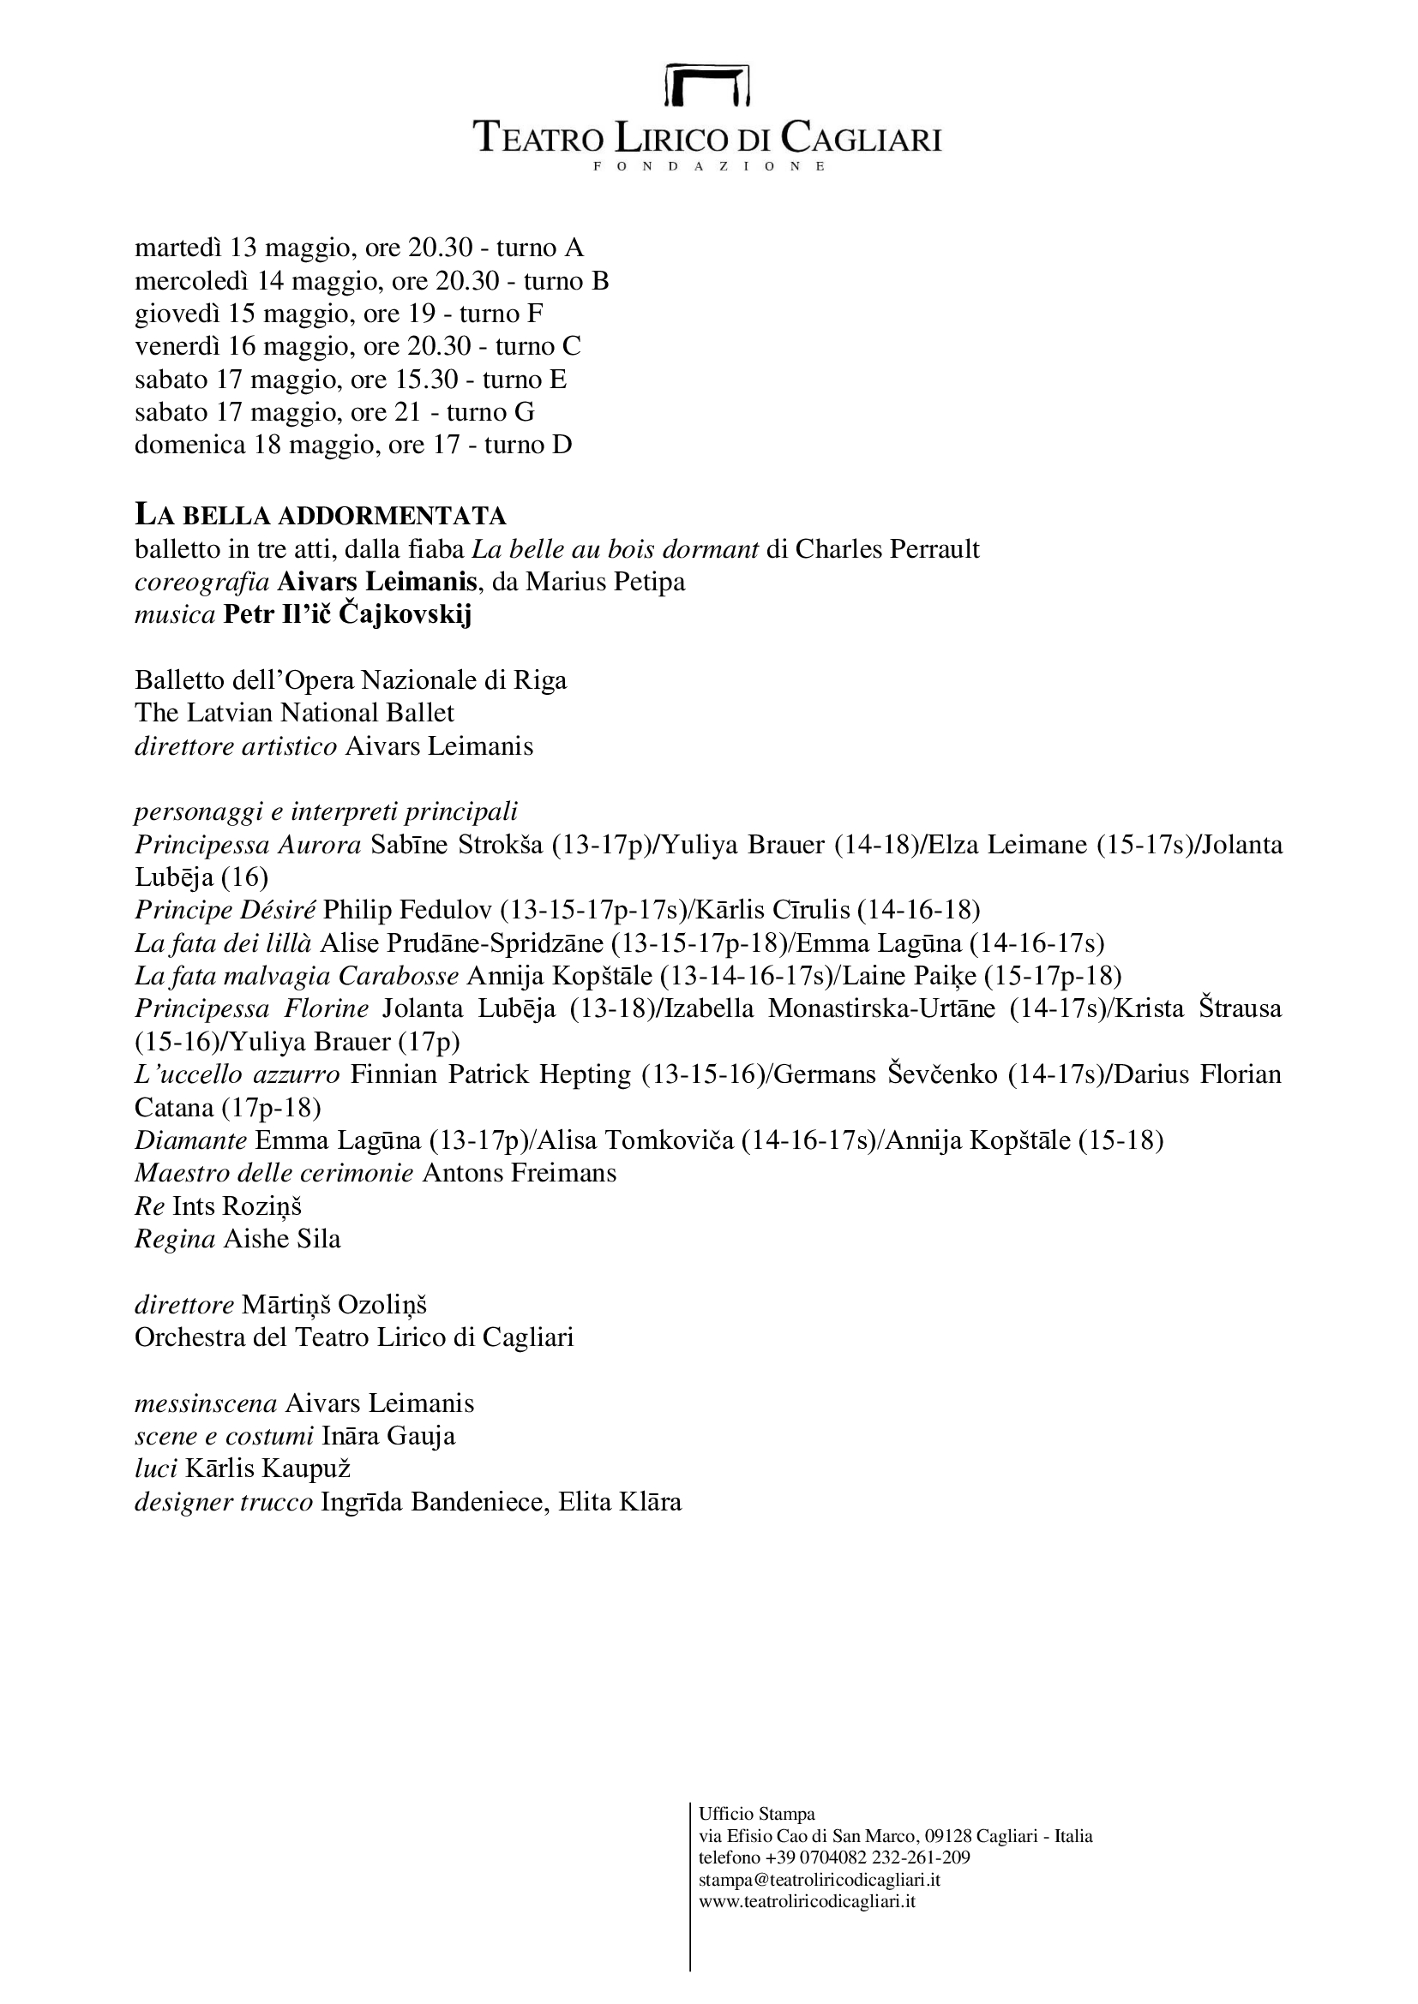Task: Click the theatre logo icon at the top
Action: pyautogui.click(x=707, y=85)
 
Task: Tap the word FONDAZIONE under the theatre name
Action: pyautogui.click(x=708, y=166)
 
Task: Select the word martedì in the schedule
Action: pyautogui.click(x=178, y=248)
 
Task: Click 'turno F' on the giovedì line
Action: pyautogui.click(x=502, y=314)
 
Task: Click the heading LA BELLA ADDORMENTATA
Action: pyautogui.click(x=321, y=516)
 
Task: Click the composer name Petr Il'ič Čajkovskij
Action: pyautogui.click(x=347, y=614)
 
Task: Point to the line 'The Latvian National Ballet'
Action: pyautogui.click(x=294, y=713)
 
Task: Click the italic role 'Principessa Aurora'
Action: pyautogui.click(x=248, y=845)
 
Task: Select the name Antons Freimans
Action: pyautogui.click(x=520, y=1173)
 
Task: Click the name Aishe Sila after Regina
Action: pyautogui.click(x=282, y=1239)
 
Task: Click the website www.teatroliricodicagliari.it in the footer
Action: pyautogui.click(x=807, y=1901)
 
